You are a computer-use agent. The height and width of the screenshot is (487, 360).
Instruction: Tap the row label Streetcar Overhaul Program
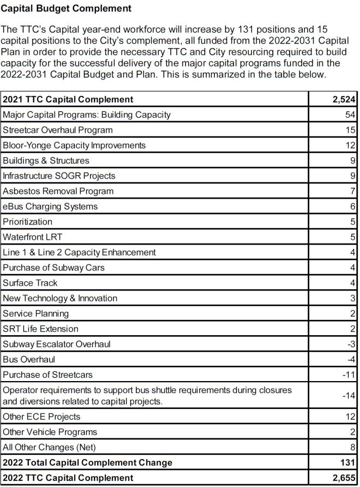click(58, 130)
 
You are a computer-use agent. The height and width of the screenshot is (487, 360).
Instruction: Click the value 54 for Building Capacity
click(350, 115)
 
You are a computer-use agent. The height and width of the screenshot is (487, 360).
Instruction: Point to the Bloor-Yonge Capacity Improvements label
click(74, 145)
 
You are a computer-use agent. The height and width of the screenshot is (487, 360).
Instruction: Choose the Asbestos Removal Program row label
click(58, 191)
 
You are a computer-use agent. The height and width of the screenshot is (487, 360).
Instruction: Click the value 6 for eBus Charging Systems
click(353, 206)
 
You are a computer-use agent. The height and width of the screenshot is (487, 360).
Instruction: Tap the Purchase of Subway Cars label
click(53, 268)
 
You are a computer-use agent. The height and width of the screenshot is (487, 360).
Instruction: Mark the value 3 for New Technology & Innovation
click(353, 298)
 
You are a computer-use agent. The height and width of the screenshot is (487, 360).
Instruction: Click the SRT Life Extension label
click(40, 329)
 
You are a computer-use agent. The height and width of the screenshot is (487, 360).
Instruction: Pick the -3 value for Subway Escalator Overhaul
click(351, 344)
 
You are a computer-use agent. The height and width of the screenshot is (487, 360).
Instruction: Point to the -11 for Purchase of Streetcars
click(350, 375)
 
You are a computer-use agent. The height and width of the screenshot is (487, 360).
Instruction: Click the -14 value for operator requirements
click(350, 395)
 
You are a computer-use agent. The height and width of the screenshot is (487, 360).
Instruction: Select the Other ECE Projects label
click(41, 417)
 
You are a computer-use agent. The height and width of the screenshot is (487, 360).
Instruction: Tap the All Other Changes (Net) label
click(50, 447)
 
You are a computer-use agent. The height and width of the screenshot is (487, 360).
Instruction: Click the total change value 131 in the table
click(348, 462)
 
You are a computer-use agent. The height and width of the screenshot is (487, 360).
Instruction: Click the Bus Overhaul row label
click(29, 359)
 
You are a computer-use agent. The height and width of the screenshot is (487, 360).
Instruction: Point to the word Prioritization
click(28, 222)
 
